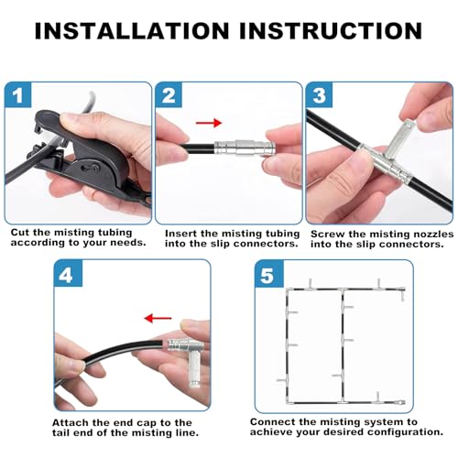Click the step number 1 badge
[18, 94]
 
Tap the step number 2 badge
[169, 94]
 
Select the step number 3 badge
[320, 94]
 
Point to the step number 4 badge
[68, 273]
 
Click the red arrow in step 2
[209, 123]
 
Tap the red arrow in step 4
[158, 318]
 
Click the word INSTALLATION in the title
[132, 30]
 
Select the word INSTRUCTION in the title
[331, 30]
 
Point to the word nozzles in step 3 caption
[433, 234]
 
